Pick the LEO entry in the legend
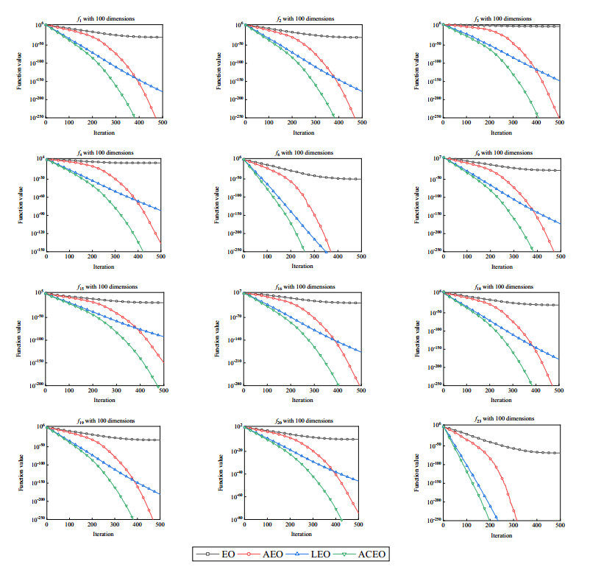319,553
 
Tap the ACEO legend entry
369,553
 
